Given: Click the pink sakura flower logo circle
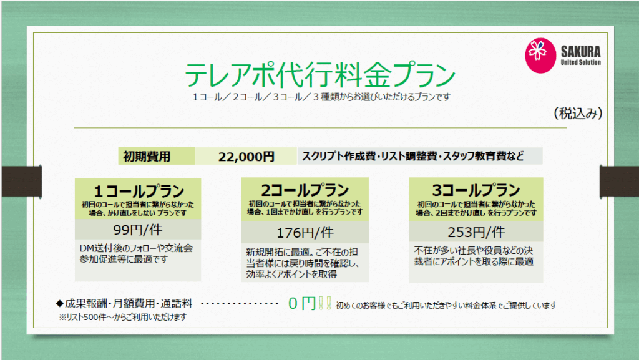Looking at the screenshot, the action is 540,56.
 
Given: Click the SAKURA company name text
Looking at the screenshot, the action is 581,52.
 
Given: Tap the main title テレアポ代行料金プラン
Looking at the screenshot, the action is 320,75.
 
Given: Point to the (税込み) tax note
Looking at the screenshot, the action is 578,113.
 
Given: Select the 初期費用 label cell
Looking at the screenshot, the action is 157,156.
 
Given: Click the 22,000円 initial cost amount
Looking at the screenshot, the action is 246,157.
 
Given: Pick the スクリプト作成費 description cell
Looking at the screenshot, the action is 420,156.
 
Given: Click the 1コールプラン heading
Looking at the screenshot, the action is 139,191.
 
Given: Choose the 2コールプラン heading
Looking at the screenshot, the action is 305,190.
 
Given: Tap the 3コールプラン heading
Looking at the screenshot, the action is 476,190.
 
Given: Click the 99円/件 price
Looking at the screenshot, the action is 138,230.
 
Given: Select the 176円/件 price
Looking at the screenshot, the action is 305,233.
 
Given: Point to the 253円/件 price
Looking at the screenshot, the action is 476,232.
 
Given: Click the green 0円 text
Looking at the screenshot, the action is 302,303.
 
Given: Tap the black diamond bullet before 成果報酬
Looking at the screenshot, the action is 59,303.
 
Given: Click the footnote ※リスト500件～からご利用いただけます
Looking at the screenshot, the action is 123,317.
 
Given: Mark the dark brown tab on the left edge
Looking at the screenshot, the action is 21,181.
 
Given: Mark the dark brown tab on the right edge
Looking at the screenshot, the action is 619,181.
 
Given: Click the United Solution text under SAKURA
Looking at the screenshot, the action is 581,62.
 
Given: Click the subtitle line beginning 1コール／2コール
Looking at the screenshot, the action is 321,97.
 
